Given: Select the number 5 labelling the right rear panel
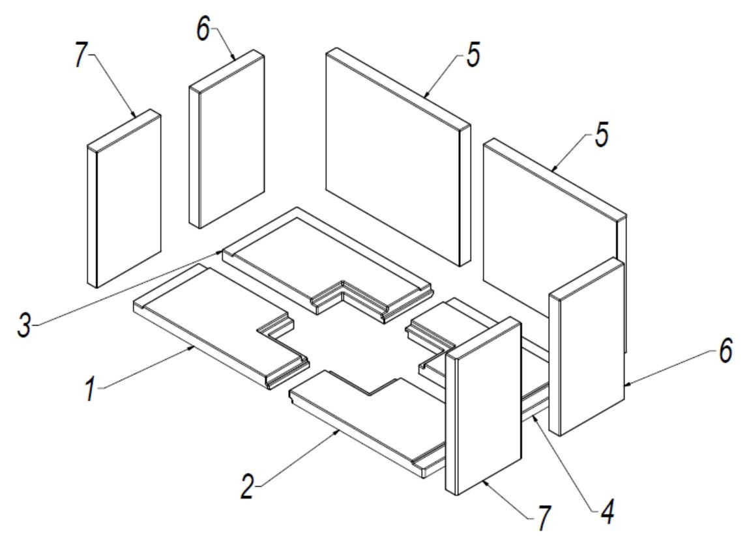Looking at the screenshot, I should [601, 133].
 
